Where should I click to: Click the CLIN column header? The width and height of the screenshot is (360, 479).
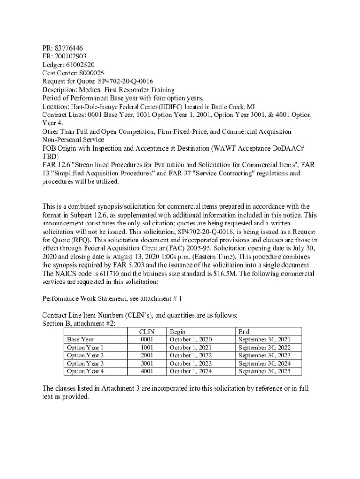pos(146,332)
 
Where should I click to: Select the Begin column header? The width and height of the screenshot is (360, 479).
pos(178,332)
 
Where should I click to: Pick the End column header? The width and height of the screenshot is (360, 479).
pos(244,332)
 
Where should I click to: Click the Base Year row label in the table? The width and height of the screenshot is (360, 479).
pos(80,340)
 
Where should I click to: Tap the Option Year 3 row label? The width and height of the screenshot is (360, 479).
pos(85,363)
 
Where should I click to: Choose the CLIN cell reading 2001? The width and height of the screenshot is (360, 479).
pos(146,356)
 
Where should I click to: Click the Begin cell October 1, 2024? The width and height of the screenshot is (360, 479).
pos(191,371)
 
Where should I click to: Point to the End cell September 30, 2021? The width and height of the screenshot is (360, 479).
pos(265,340)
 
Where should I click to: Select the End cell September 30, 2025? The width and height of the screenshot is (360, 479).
pos(265,371)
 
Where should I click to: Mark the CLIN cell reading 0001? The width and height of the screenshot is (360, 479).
pos(146,340)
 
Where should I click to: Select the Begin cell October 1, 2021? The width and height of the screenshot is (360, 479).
pos(191,348)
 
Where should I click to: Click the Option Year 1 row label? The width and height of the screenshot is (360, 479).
pos(85,348)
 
